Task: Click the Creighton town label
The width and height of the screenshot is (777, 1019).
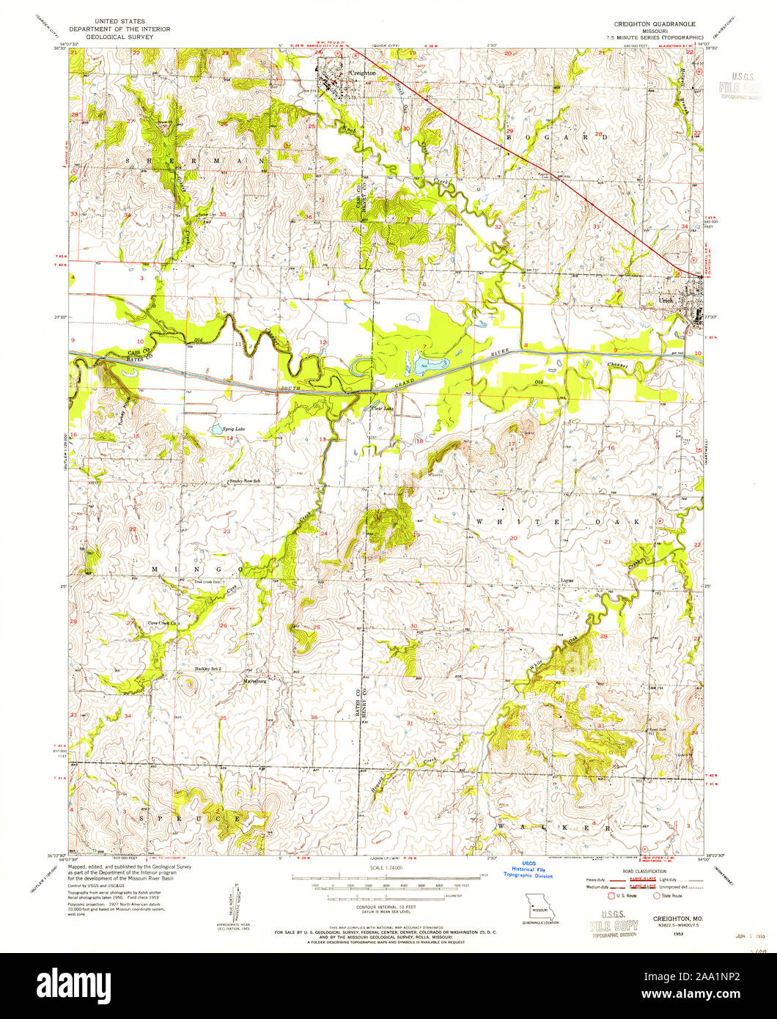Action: (363, 73)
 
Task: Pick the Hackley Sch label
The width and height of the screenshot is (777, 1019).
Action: (207, 669)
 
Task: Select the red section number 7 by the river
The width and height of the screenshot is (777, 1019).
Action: (424, 346)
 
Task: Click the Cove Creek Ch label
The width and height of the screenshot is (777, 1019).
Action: (163, 623)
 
